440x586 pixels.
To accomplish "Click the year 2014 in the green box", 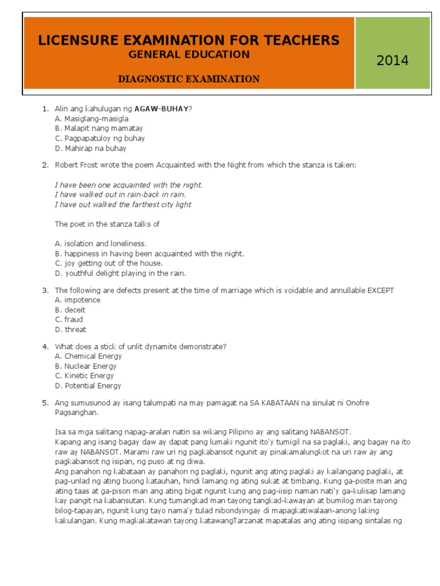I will click(x=392, y=60).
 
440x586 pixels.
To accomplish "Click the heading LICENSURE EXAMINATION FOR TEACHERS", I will click(x=188, y=40).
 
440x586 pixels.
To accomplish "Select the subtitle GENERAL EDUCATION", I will click(x=188, y=55).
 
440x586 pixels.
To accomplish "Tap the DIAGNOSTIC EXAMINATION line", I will click(x=188, y=79).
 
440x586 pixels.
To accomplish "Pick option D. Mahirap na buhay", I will click(x=91, y=148).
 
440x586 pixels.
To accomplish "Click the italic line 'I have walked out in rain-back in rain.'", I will click(x=120, y=195).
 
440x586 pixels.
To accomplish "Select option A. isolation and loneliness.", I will click(x=101, y=243).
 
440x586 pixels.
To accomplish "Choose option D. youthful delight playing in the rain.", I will click(x=120, y=273).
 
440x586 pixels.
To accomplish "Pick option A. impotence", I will click(x=77, y=300).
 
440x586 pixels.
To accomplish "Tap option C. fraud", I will click(x=69, y=319).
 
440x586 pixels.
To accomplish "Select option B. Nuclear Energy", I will click(x=85, y=366).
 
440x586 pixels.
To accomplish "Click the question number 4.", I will click(x=45, y=347).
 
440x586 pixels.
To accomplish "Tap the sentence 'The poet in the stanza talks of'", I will click(x=107, y=224).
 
